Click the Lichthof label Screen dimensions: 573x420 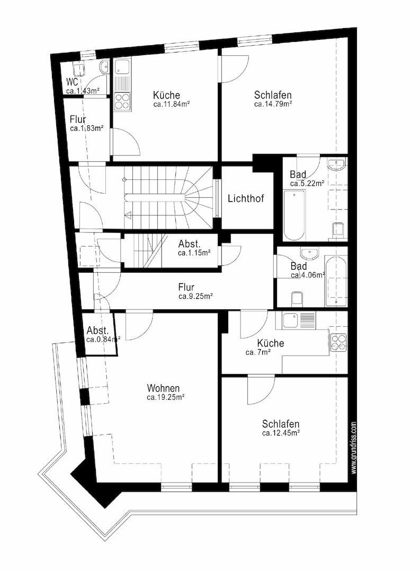pyautogui.click(x=246, y=199)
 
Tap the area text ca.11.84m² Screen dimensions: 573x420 pyautogui.click(x=172, y=105)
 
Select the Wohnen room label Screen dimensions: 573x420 pyautogui.click(x=163, y=388)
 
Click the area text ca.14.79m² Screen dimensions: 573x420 pyautogui.click(x=273, y=105)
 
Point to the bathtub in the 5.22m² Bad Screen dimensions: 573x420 pyautogui.click(x=293, y=215)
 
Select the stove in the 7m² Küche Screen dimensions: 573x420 pyautogui.click(x=338, y=342)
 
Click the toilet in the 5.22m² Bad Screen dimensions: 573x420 pyautogui.click(x=338, y=230)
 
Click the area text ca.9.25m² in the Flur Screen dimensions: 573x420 pyautogui.click(x=195, y=296)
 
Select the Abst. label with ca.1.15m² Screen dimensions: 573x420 pyautogui.click(x=189, y=244)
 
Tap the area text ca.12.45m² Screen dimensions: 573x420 pyautogui.click(x=281, y=433)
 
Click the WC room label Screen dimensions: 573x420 pyautogui.click(x=73, y=82)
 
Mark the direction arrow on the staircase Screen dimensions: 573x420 pyautogui.click(x=128, y=215)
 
